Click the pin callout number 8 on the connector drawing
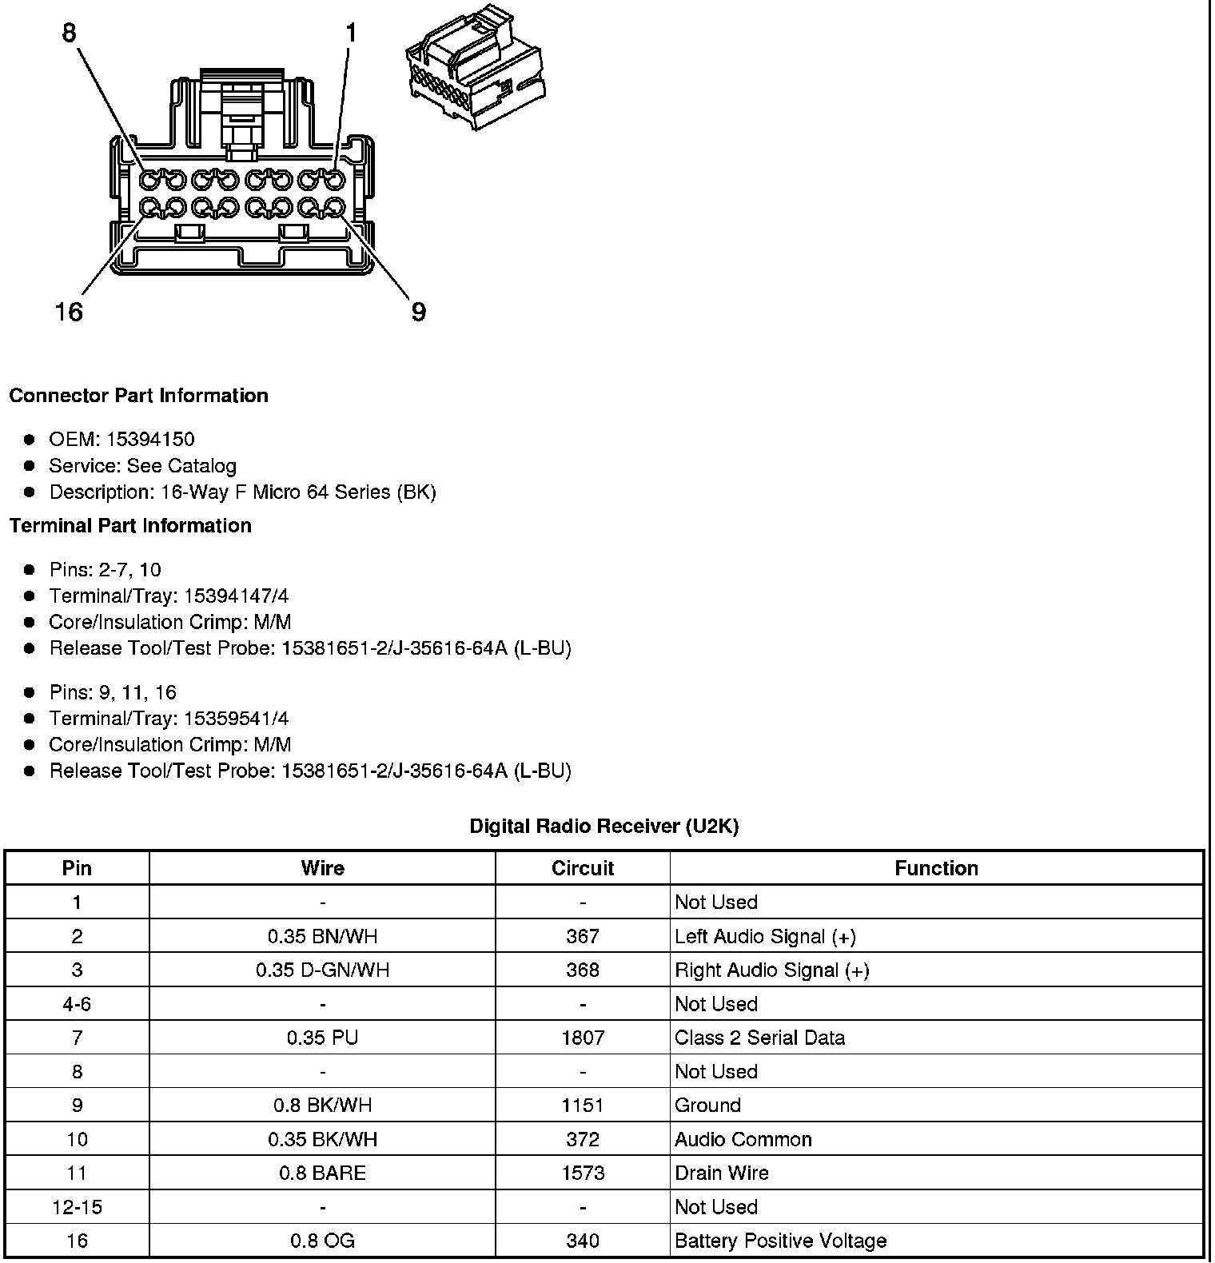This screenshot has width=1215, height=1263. (x=70, y=33)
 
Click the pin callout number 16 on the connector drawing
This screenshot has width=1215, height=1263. (x=69, y=311)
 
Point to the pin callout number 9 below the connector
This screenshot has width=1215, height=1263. (x=418, y=311)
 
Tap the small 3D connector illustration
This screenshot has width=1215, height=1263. (x=476, y=68)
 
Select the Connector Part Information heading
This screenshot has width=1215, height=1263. (x=138, y=396)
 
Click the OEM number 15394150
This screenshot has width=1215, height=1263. (x=150, y=439)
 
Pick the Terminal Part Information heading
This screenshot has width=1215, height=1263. (x=130, y=525)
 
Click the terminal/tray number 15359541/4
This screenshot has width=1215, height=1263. (x=236, y=718)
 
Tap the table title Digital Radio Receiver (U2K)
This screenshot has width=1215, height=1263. (x=604, y=826)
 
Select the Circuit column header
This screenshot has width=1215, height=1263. (x=583, y=868)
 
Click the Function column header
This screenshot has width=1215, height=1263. (x=936, y=868)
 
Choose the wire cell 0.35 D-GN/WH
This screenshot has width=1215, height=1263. (x=322, y=970)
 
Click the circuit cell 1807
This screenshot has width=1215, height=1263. (x=583, y=1038)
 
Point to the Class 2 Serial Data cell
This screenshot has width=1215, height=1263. (x=759, y=1038)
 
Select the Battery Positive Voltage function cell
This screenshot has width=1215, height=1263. (x=780, y=1241)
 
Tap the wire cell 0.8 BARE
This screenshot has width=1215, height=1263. (x=322, y=1173)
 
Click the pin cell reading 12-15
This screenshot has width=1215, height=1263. (x=77, y=1207)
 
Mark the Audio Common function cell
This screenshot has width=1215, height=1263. (x=743, y=1139)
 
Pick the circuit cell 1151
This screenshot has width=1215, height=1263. (x=583, y=1106)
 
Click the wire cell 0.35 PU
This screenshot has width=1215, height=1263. (x=322, y=1038)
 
